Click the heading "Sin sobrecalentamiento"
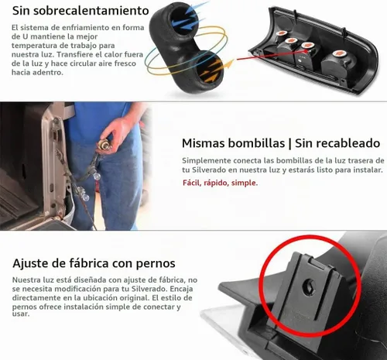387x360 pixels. (80, 11)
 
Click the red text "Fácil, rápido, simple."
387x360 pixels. (220, 183)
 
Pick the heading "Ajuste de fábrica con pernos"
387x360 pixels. (94, 263)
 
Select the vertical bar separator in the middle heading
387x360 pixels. (289, 143)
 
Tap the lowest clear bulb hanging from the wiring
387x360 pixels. (85, 197)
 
